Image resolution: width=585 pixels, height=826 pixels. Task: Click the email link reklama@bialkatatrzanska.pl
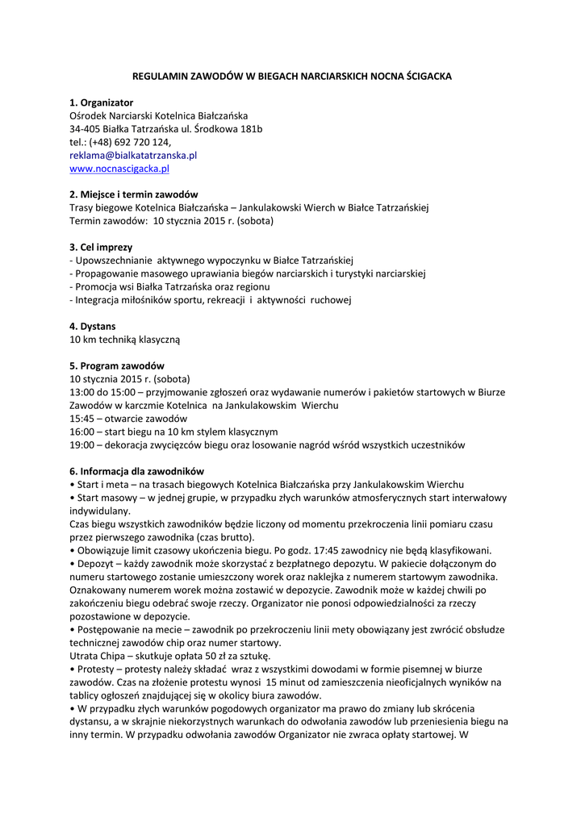[133, 155]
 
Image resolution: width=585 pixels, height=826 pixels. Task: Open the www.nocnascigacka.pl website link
[119, 169]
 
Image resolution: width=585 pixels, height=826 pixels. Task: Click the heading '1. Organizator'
[101, 102]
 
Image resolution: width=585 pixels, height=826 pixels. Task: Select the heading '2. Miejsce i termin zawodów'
[133, 194]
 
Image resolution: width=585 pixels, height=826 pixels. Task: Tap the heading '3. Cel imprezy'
[101, 247]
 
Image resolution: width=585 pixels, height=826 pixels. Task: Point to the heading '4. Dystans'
[92, 326]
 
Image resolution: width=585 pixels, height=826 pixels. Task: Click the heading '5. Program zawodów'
[116, 365]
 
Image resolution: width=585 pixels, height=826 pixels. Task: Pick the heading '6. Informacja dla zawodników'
[136, 471]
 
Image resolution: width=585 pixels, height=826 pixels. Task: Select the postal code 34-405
[86, 129]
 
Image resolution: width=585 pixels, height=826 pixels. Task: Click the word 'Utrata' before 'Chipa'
[84, 656]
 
